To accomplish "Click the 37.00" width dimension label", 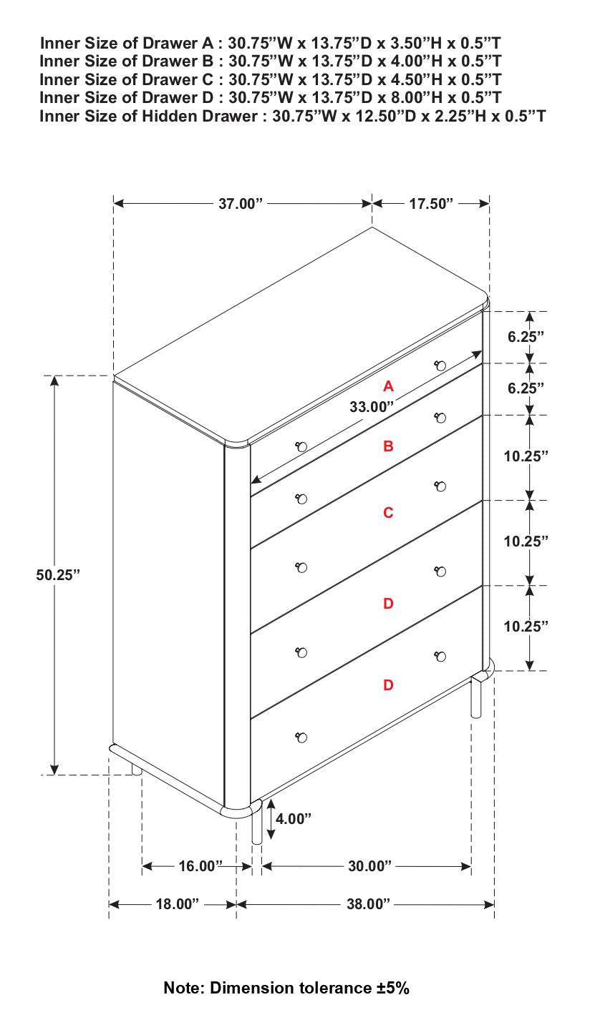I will [x=241, y=204].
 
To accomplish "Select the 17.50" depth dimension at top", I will [x=431, y=204].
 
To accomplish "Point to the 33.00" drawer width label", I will [x=372, y=407].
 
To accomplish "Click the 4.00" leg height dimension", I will [x=294, y=819].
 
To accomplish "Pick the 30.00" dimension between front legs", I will [x=369, y=867].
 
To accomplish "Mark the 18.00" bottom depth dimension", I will [x=177, y=905].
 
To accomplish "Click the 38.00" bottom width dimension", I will [x=368, y=905].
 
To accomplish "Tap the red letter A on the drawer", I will [x=388, y=386].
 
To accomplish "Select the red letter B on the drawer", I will [x=388, y=446].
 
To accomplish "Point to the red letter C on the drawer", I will [x=388, y=513].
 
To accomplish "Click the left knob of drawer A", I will [x=301, y=447].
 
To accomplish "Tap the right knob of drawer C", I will [x=440, y=486].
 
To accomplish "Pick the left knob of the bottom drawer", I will [x=301, y=737].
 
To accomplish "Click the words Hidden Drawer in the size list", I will [x=201, y=116].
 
